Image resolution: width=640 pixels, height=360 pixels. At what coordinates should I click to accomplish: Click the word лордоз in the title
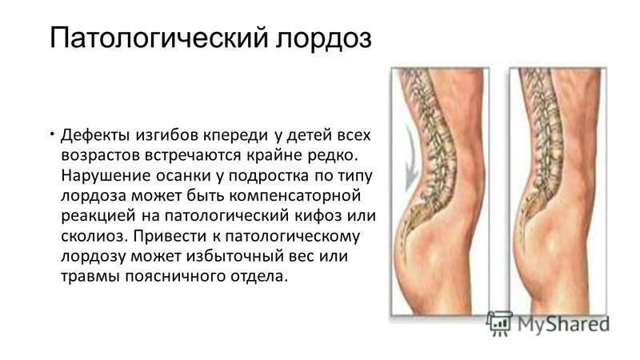tap(324, 38)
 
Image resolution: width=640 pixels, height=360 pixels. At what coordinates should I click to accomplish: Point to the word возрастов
tap(99, 156)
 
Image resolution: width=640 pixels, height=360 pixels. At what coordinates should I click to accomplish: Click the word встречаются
tap(193, 155)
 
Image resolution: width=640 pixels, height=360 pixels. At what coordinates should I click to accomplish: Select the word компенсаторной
tap(294, 196)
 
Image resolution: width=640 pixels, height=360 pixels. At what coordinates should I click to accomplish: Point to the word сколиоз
tap(94, 236)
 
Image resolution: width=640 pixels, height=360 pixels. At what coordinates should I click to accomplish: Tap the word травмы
tap(90, 276)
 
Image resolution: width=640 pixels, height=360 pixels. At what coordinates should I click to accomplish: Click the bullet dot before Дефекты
tap(53, 133)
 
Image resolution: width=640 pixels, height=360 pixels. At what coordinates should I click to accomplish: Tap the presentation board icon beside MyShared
tap(498, 323)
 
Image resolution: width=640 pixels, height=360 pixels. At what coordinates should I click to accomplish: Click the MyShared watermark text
tap(563, 324)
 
